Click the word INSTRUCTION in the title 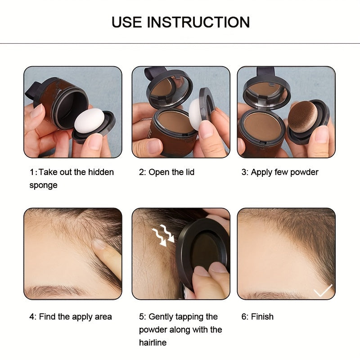tap(198, 22)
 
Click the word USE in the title tap(127, 22)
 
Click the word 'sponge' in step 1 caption tap(43, 185)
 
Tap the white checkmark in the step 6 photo tap(323, 291)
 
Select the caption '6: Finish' tap(257, 317)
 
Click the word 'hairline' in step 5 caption tap(153, 343)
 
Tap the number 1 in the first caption tap(32, 172)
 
